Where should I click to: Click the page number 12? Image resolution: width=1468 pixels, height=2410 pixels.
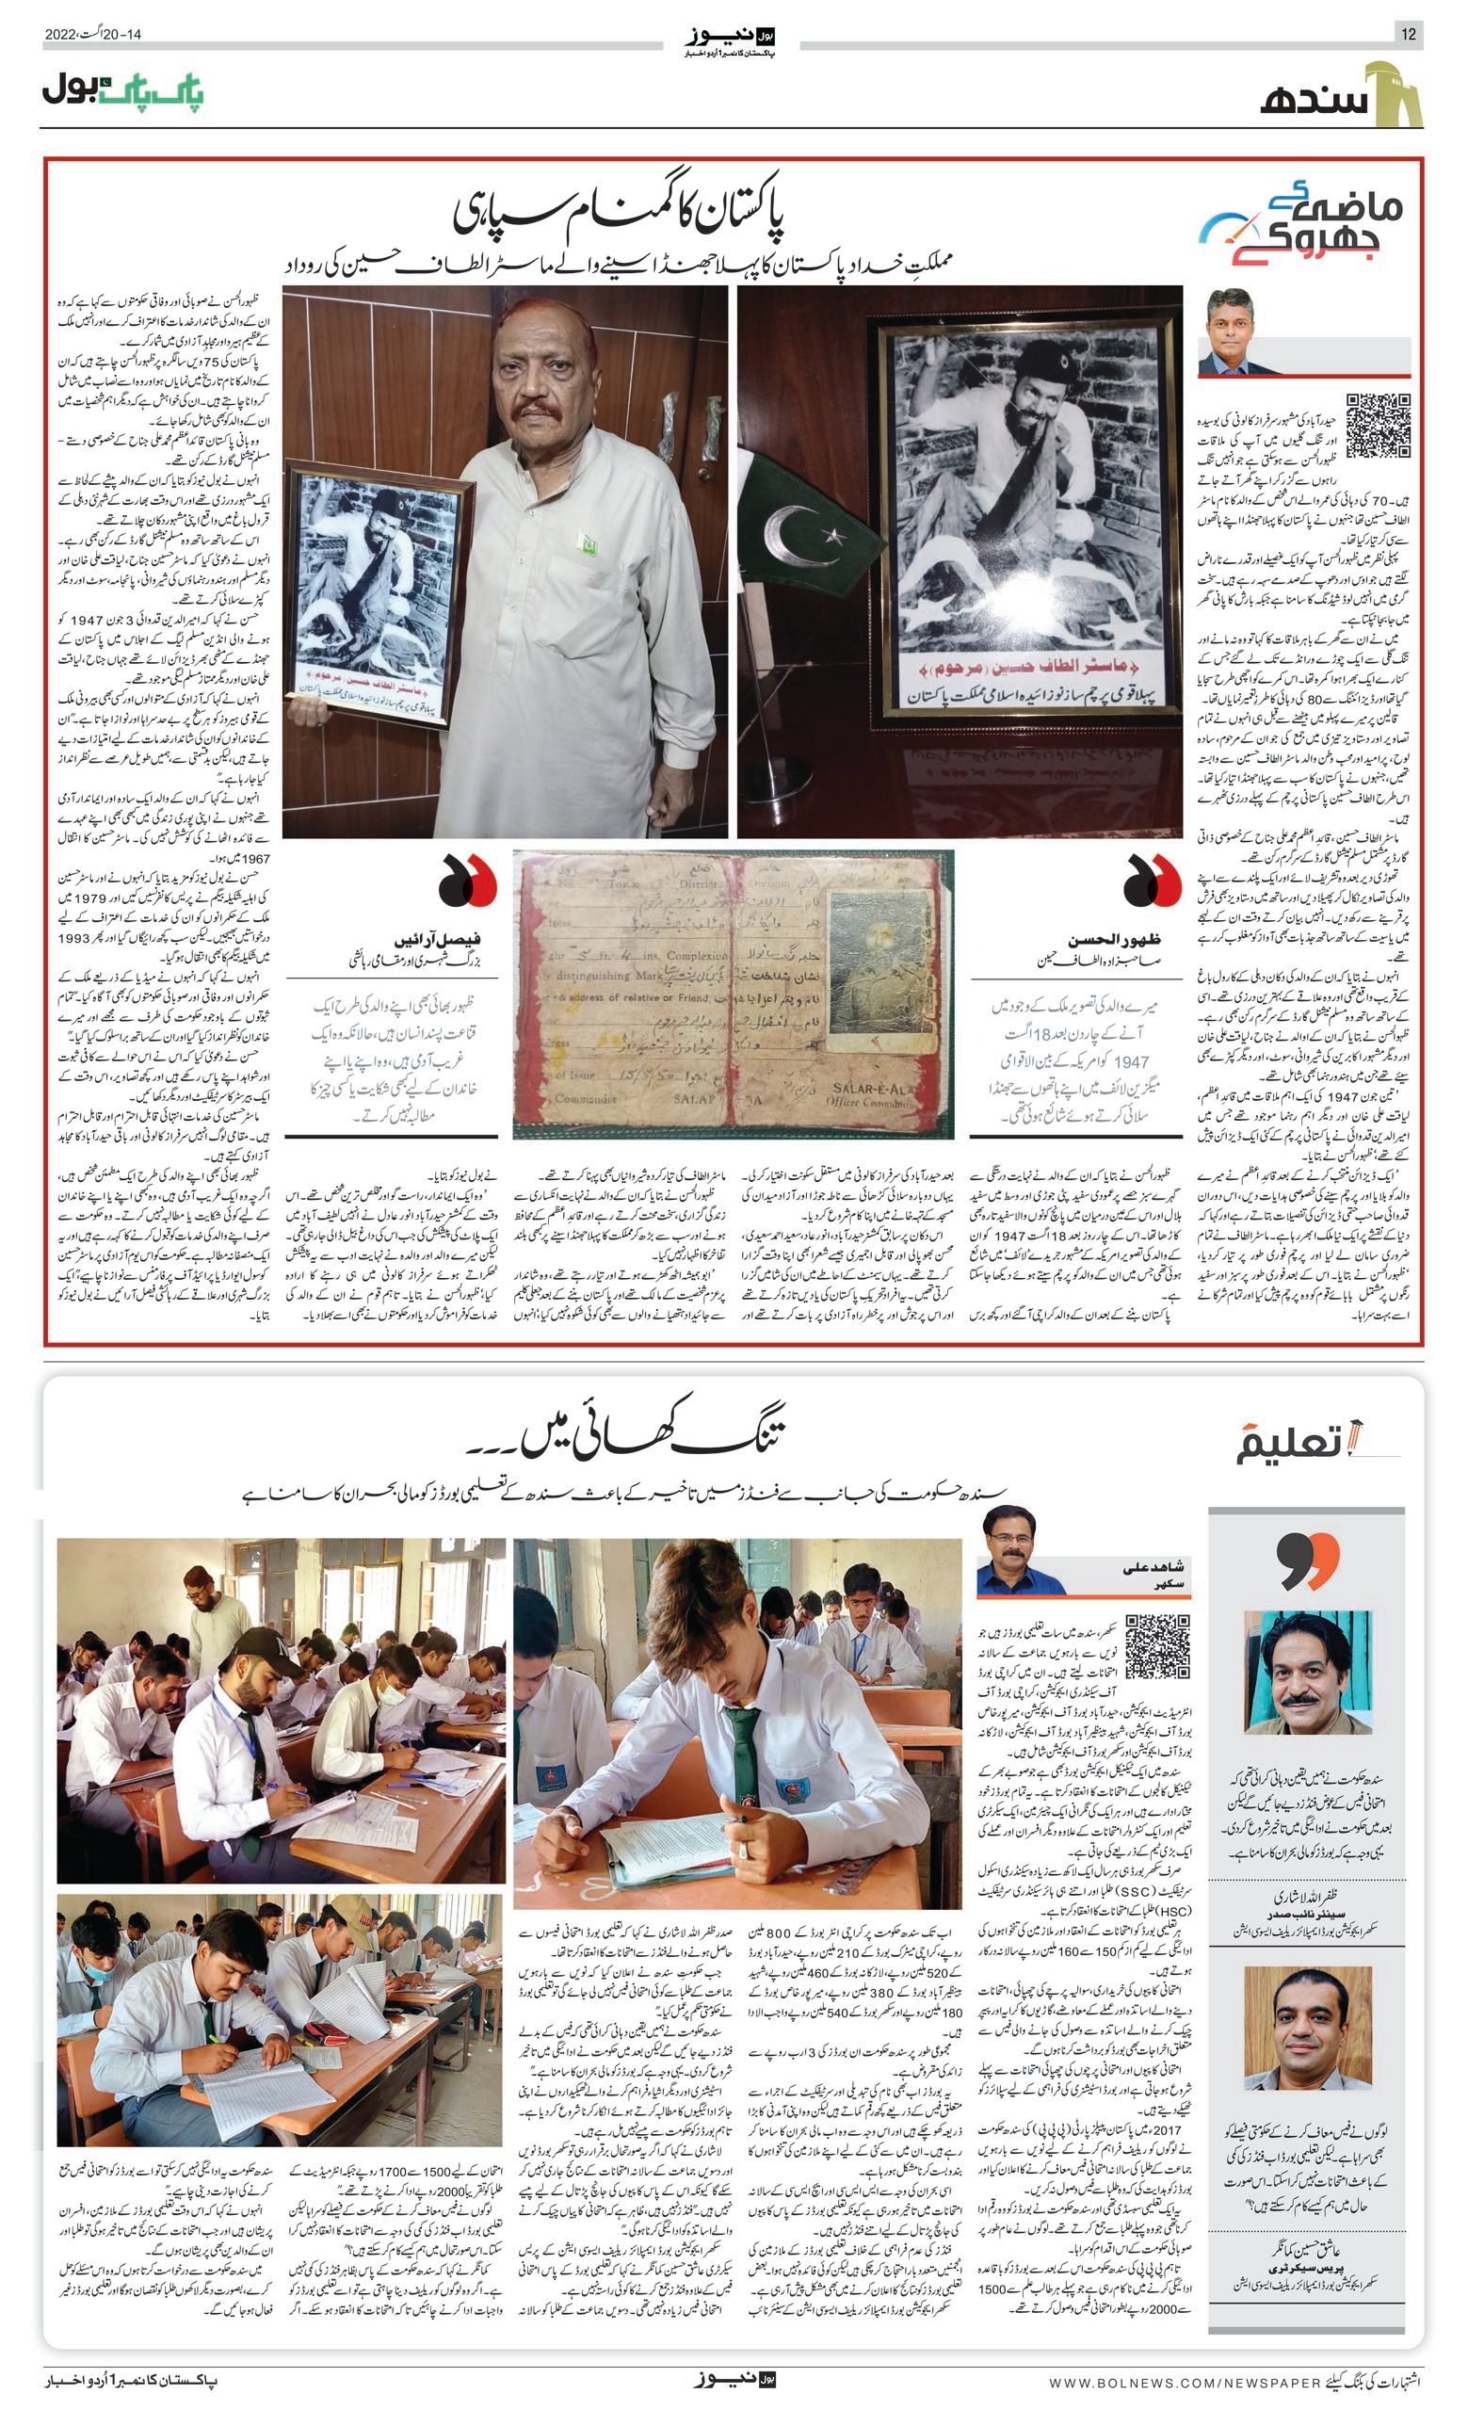pyautogui.click(x=1409, y=35)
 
